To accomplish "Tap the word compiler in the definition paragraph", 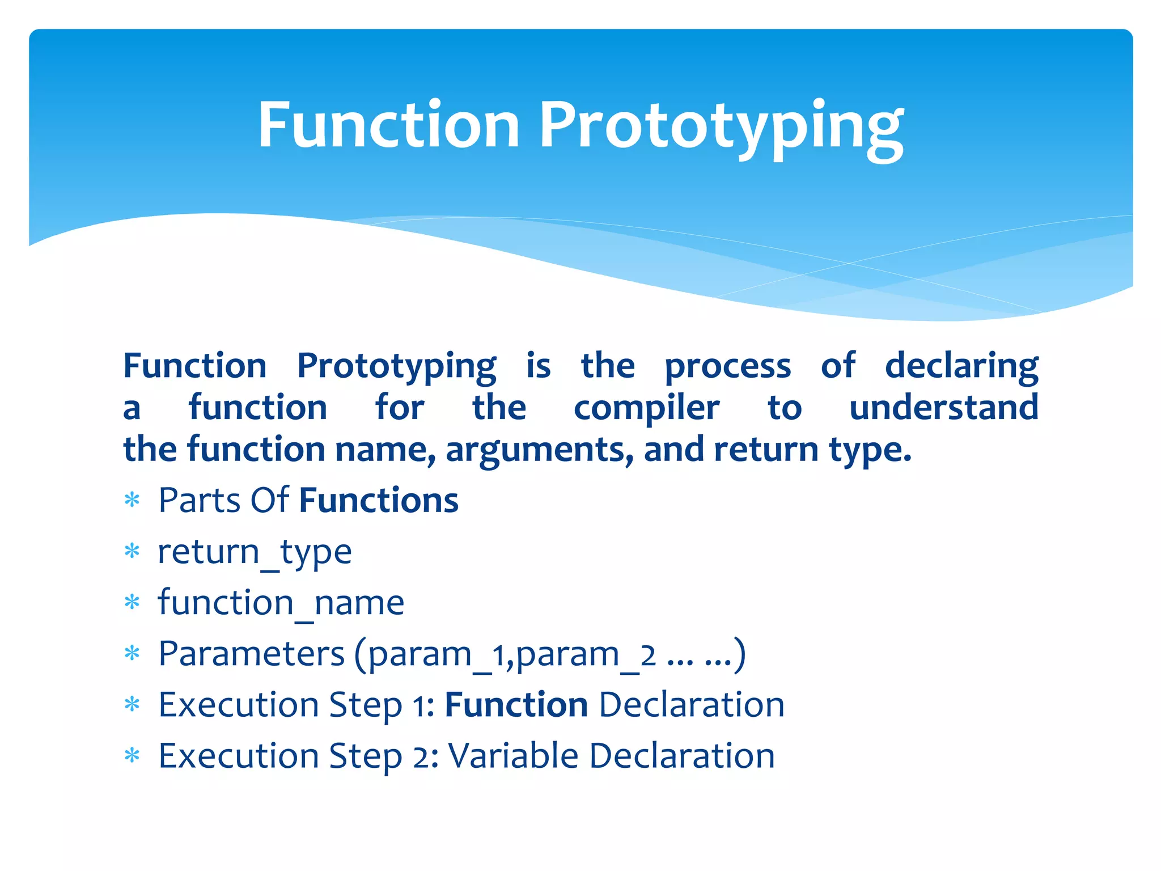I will tap(646, 408).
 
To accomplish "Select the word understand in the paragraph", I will tap(943, 408).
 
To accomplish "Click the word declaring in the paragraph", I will tap(961, 366).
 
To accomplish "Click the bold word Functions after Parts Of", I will tap(379, 501).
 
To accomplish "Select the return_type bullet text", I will tap(255, 552).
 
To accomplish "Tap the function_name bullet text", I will tap(281, 603).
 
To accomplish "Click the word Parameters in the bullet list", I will tap(251, 654).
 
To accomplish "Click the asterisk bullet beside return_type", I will tap(132, 551).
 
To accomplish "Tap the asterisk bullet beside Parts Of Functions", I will tap(132, 500).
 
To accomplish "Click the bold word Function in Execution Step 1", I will tap(516, 705).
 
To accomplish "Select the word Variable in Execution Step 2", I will tap(513, 756).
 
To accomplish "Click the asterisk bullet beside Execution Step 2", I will tap(132, 756).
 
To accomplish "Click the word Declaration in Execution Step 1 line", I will tap(691, 705).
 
